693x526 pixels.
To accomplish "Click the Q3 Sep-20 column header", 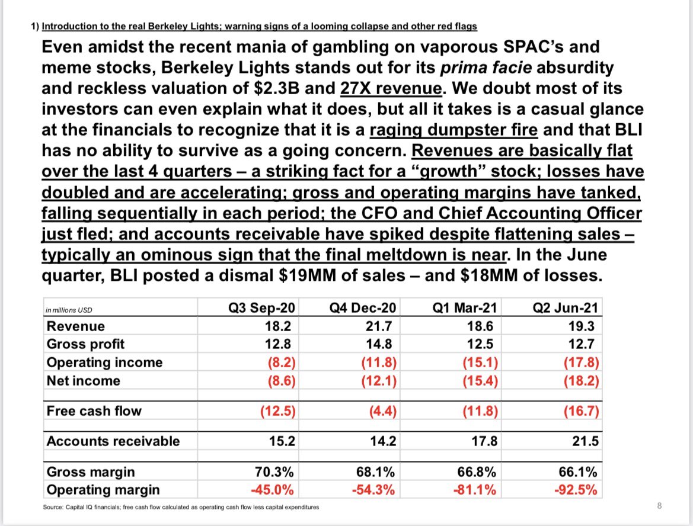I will click(x=264, y=308).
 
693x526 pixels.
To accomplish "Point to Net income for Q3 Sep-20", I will click(x=282, y=381).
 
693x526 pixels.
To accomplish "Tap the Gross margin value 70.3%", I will click(x=276, y=472).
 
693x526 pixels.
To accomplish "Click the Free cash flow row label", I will click(x=94, y=411).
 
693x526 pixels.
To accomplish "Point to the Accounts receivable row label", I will click(x=113, y=441).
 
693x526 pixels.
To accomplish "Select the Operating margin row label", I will click(x=103, y=490).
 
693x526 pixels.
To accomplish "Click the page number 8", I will click(x=659, y=505).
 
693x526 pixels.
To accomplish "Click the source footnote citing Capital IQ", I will click(x=181, y=507).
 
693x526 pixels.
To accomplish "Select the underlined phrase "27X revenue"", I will click(x=391, y=88).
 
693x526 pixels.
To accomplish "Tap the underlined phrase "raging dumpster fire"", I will click(x=453, y=130).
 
